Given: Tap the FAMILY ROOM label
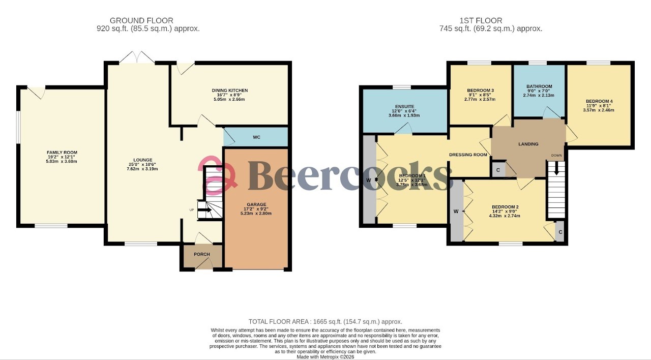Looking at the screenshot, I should point(62,153).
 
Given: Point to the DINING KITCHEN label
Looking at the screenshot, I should point(230,91).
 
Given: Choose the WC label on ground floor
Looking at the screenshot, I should point(256,137).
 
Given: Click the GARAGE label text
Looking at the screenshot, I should point(256,205).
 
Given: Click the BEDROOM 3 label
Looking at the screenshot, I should point(481,91).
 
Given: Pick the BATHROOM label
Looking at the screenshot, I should point(539,86).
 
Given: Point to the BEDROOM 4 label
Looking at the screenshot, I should point(600,101).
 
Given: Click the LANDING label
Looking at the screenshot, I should point(528,144).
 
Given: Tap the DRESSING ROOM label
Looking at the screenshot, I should point(468,155).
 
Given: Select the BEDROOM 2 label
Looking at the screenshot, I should point(505,207).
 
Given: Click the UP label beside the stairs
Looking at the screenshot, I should point(192,210).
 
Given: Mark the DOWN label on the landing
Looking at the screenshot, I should point(557,156).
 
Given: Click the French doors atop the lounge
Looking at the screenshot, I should point(137,57).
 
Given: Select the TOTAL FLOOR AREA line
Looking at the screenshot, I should point(325,322).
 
